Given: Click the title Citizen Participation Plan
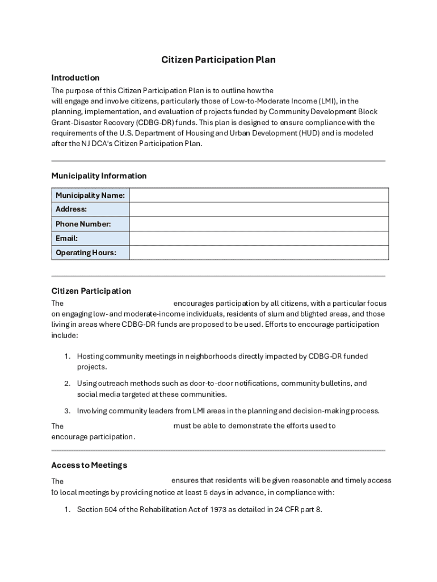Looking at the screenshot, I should pos(218,60).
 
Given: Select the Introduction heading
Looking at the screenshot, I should pos(75,78).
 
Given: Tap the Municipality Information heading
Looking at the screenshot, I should pos(99,176).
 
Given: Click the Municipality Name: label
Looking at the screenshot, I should pos(90,196).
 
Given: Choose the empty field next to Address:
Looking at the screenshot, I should pos(259,210).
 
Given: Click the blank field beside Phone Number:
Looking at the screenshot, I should pos(259,224).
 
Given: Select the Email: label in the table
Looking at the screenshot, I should pos(67,239).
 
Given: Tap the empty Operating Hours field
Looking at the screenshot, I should pos(259,253).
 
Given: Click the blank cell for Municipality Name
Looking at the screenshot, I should pos(259,196).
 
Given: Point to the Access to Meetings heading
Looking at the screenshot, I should pos(89,465).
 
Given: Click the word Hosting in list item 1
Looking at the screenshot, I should pos(90,356).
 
